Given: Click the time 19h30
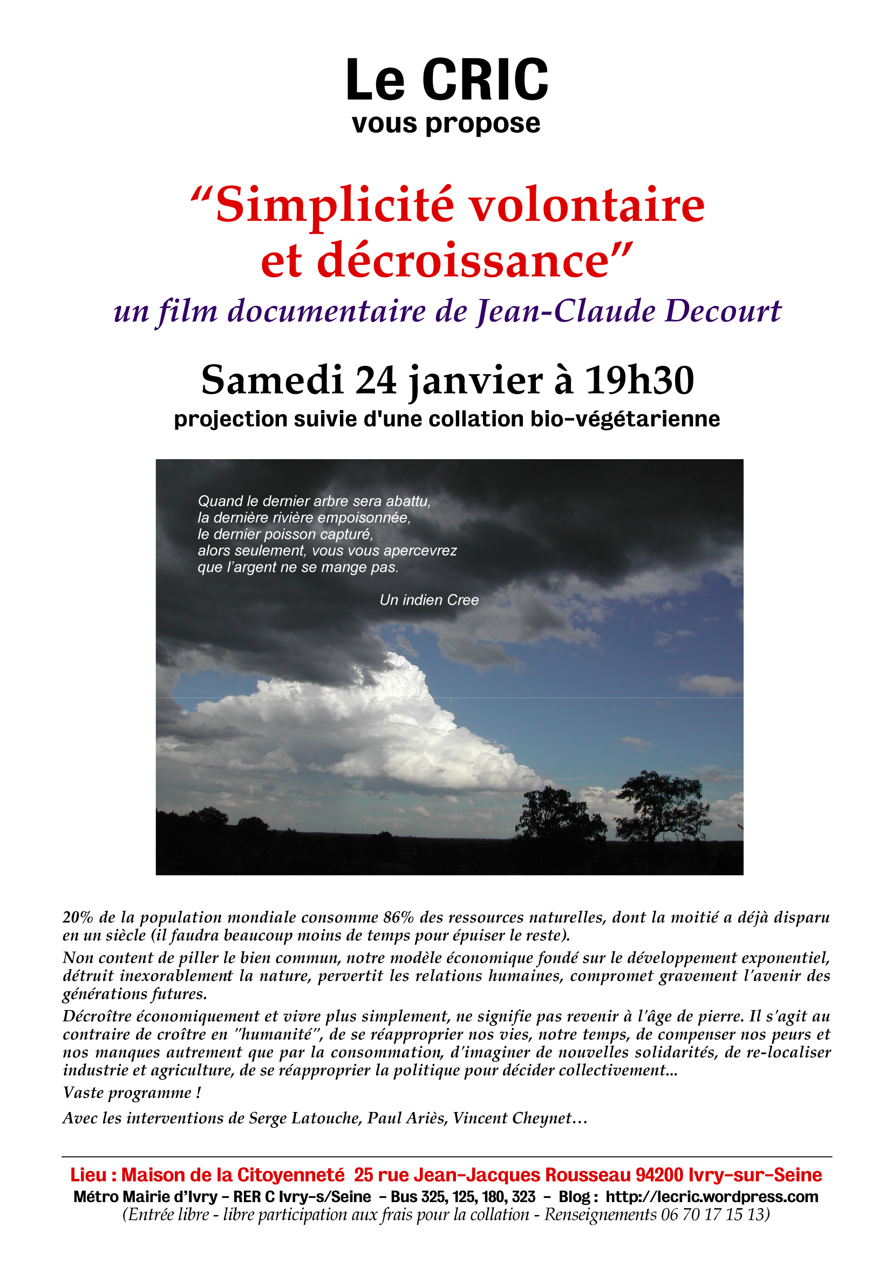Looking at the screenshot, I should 639,380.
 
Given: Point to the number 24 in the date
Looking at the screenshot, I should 376,380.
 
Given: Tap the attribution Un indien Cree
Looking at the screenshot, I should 428,599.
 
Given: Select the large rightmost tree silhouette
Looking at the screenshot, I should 662,804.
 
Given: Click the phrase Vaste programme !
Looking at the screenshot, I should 132,1092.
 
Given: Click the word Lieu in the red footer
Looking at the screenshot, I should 88,1175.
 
